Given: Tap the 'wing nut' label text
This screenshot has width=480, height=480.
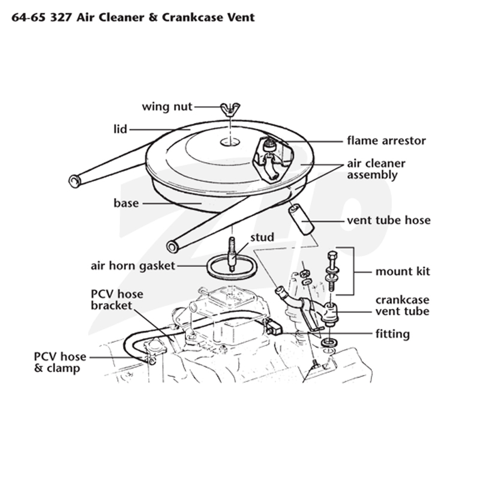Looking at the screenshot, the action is (x=167, y=107).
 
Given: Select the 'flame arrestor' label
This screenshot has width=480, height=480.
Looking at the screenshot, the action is (x=386, y=141).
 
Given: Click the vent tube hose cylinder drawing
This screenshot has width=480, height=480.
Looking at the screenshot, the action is (x=301, y=220).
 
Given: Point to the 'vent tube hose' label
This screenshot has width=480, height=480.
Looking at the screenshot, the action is (x=389, y=220).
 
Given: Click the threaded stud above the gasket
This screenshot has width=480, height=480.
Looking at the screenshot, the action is (x=232, y=254).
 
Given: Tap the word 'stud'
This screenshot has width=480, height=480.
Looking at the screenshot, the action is (x=262, y=237).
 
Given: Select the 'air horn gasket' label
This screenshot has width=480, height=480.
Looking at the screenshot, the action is (x=133, y=266).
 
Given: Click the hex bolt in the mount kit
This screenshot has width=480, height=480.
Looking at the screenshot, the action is (x=332, y=271).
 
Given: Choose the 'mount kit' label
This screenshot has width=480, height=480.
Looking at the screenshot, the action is (x=403, y=272).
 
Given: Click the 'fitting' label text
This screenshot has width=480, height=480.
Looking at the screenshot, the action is (x=393, y=334).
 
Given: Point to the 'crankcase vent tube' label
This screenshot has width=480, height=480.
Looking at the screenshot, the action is (x=403, y=305).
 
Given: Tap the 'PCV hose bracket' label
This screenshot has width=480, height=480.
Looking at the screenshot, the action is (x=117, y=299).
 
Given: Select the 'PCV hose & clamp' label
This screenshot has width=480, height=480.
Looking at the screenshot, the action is (x=60, y=362).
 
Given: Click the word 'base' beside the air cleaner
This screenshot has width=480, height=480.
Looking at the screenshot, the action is (x=126, y=203).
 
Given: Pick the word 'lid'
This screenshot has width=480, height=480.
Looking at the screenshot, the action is (x=121, y=129).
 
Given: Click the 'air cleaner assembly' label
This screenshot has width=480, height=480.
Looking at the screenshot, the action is (x=376, y=169).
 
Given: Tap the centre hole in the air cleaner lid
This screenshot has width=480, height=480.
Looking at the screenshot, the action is (x=230, y=142).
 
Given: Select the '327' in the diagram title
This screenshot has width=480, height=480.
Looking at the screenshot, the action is (x=61, y=17).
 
